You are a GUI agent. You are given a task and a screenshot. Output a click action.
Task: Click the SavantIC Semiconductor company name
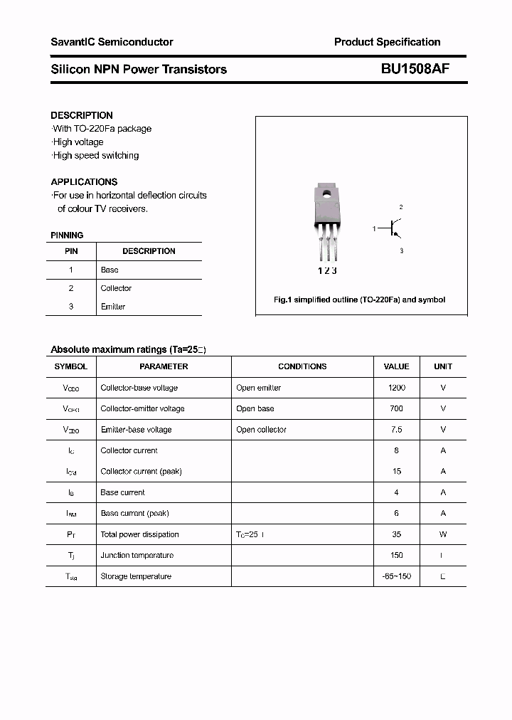coord(112,42)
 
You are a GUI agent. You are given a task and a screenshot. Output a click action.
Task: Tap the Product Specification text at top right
coord(387,42)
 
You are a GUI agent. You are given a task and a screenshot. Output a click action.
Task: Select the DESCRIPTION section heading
coord(82,115)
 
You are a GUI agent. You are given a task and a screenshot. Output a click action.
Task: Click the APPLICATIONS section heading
coord(84,181)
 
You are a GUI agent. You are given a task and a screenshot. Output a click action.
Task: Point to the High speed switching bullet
coord(95,155)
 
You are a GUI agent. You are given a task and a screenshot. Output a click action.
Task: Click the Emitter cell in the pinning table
coord(112,307)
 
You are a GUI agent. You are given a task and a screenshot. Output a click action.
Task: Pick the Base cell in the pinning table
coord(110,270)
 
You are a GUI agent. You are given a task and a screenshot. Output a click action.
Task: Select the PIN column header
coord(71,251)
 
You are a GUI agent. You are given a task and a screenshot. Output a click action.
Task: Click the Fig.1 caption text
coord(359,300)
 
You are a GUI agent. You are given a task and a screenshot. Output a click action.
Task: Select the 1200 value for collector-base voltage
coord(396,388)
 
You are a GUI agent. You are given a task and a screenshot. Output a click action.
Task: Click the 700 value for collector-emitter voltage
coord(396,408)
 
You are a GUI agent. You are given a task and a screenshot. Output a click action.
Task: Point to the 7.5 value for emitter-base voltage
coord(396,430)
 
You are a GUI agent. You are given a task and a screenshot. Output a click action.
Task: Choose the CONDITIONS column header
coord(302,366)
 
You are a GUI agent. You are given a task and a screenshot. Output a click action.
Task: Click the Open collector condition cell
coord(261,430)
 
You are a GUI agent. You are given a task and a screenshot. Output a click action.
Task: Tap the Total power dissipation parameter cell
coord(139,534)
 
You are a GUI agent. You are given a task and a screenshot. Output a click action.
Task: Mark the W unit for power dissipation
coord(443,534)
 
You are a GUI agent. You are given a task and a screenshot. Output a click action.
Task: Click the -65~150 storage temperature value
coord(396,576)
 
